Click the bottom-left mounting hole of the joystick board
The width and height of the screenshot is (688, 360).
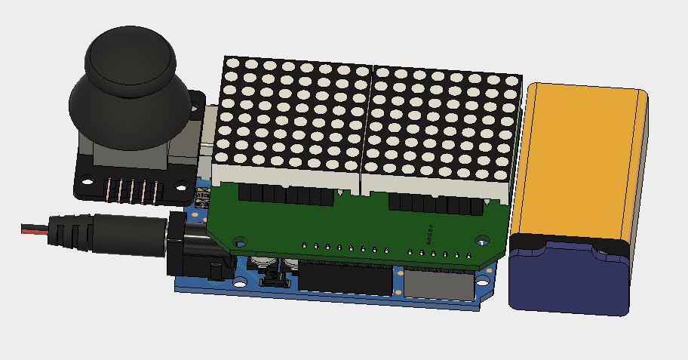tap(87, 183)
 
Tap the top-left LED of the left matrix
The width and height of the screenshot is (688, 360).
tap(233, 65)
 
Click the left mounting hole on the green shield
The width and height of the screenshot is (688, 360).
tap(240, 242)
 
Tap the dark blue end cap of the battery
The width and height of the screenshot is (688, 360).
tap(570, 275)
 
